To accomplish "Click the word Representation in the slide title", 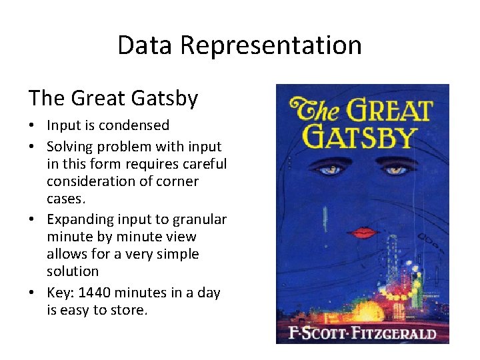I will coord(271,46).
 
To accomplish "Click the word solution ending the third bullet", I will coord(73,271).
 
